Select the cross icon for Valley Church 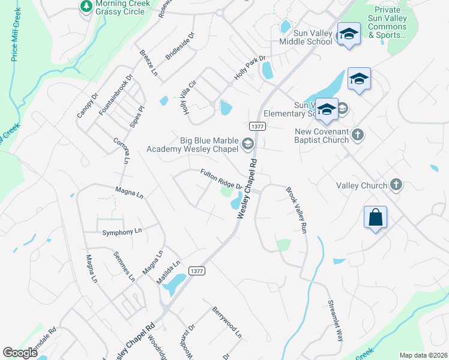[x=396, y=185]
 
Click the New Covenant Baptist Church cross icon [x=357, y=134]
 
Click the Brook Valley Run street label [x=297, y=210]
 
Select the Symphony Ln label [x=122, y=232]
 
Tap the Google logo [x=20, y=353]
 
